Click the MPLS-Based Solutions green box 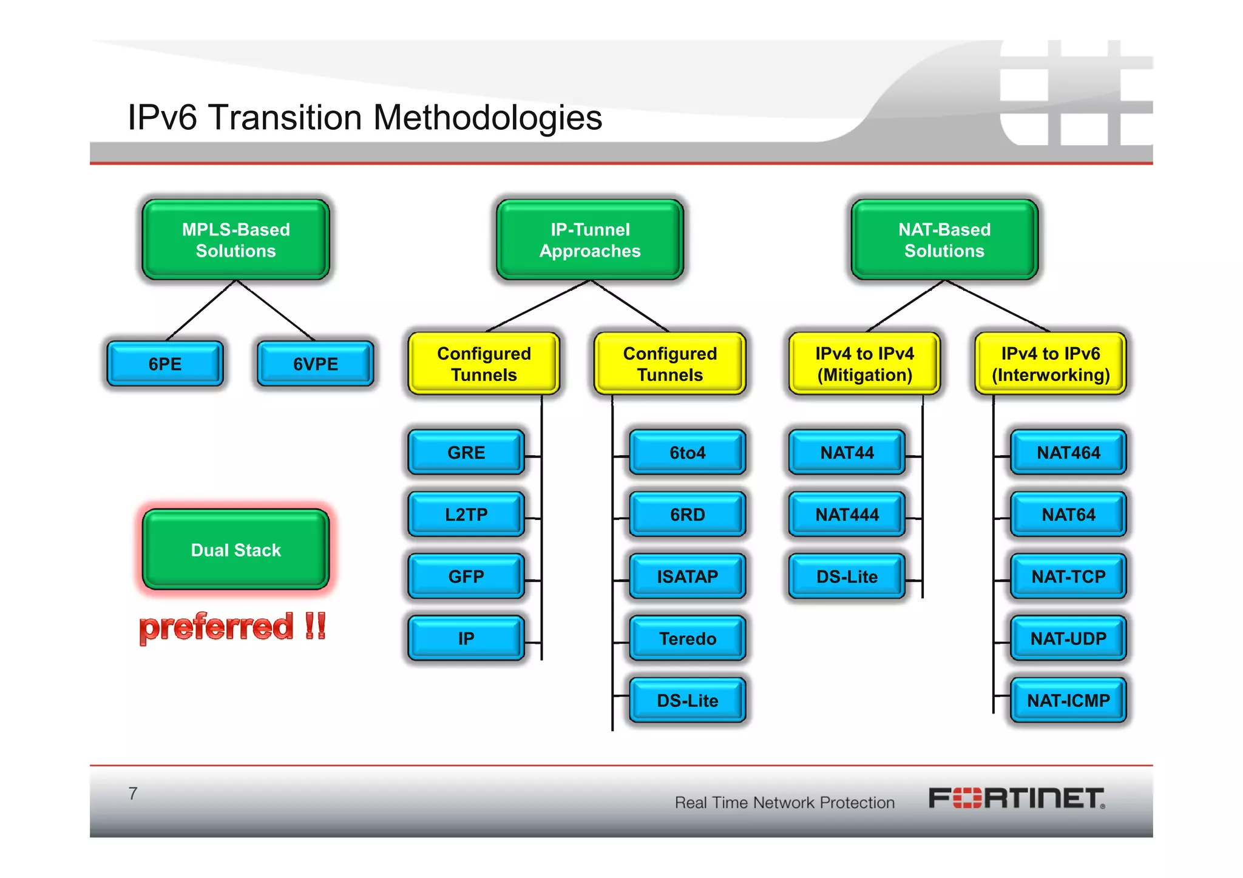click(235, 240)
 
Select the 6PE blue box click(164, 363)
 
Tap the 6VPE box click(315, 363)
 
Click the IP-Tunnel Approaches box click(590, 240)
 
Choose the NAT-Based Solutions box click(944, 240)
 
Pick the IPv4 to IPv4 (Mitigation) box click(864, 363)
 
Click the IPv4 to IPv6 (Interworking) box click(1051, 363)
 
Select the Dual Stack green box click(235, 550)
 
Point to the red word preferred click(216, 627)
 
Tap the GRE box click(466, 453)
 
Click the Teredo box click(687, 638)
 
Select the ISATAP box click(687, 576)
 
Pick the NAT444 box click(847, 515)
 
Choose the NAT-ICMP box click(1068, 701)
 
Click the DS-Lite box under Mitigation click(847, 576)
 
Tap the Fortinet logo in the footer click(1017, 799)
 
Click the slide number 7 click(133, 793)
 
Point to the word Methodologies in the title click(487, 117)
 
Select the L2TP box click(466, 515)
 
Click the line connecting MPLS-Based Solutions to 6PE click(201, 310)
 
